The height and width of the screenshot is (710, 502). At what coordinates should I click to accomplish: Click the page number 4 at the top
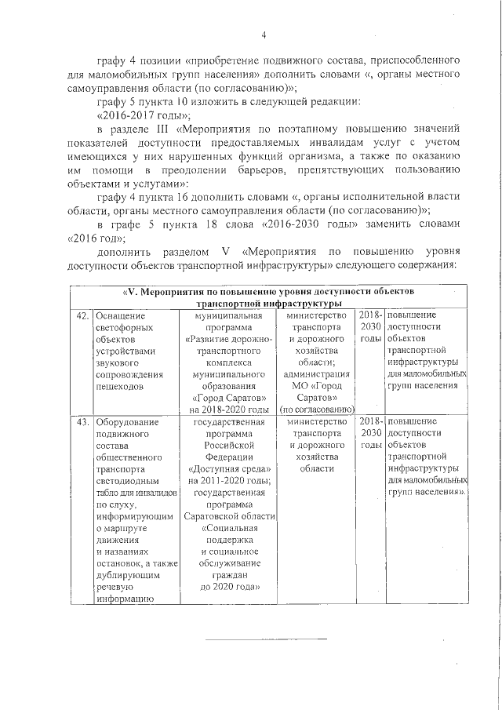coord(264,35)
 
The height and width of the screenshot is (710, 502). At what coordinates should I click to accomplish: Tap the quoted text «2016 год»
coord(96,236)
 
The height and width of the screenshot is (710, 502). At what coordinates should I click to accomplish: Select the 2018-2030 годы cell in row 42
coord(369,326)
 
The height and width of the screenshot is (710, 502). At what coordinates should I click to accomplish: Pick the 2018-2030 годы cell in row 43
coord(369,433)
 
